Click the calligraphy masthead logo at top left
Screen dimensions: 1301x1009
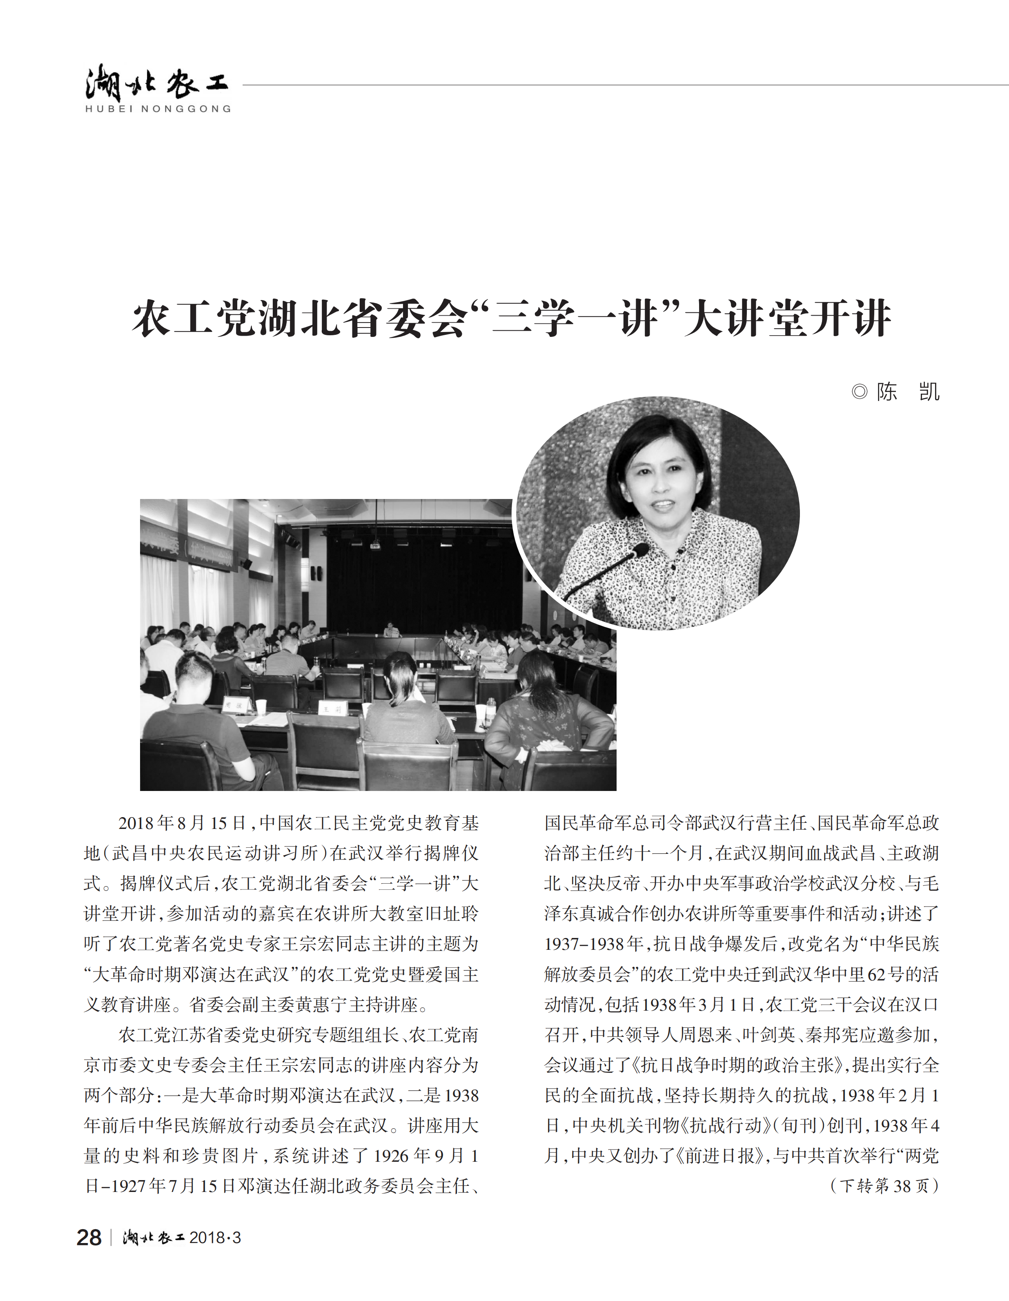point(156,83)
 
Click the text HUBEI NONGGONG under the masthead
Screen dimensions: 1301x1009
point(158,109)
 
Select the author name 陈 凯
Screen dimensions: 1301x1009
point(908,392)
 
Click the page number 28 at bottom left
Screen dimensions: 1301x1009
point(89,1237)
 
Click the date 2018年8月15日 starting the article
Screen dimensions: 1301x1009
point(182,823)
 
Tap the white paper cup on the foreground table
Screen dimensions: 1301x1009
point(261,707)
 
